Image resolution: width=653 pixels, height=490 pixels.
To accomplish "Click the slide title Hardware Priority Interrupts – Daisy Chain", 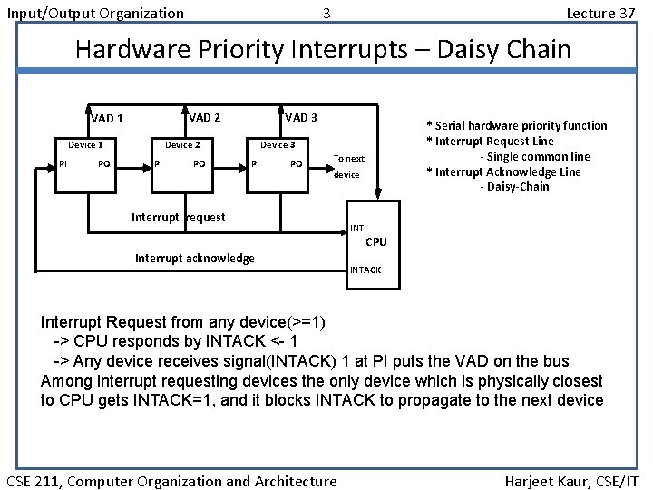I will pos(323,49).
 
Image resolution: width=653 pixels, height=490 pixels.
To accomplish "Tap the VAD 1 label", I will pos(107,119).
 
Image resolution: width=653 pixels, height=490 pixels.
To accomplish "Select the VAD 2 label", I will pos(204,117).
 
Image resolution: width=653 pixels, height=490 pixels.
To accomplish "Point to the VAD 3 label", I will pos(300,117).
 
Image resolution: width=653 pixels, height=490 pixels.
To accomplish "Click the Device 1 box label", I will pos(85,145).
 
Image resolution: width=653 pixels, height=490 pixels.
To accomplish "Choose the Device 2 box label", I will pos(181,145).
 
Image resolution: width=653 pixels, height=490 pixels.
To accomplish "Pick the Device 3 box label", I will pos(278,145).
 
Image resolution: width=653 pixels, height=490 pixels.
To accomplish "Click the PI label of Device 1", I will pos(63,164).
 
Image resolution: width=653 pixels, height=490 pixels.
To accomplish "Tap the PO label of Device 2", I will pos(200,164).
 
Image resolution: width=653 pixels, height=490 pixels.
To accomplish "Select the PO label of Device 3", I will pos(296,164).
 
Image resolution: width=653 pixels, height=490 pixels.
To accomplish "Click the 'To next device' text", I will pos(348,166).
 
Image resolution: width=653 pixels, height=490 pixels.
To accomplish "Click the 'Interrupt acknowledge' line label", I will pos(194,259).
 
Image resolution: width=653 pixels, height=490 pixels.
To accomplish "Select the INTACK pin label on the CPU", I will pos(365,270).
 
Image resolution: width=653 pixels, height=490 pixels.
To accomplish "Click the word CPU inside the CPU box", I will pos(375,242).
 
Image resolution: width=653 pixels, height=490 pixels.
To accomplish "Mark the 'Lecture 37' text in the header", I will pos(599,13).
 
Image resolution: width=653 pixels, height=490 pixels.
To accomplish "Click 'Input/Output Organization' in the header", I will pos(94,13).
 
